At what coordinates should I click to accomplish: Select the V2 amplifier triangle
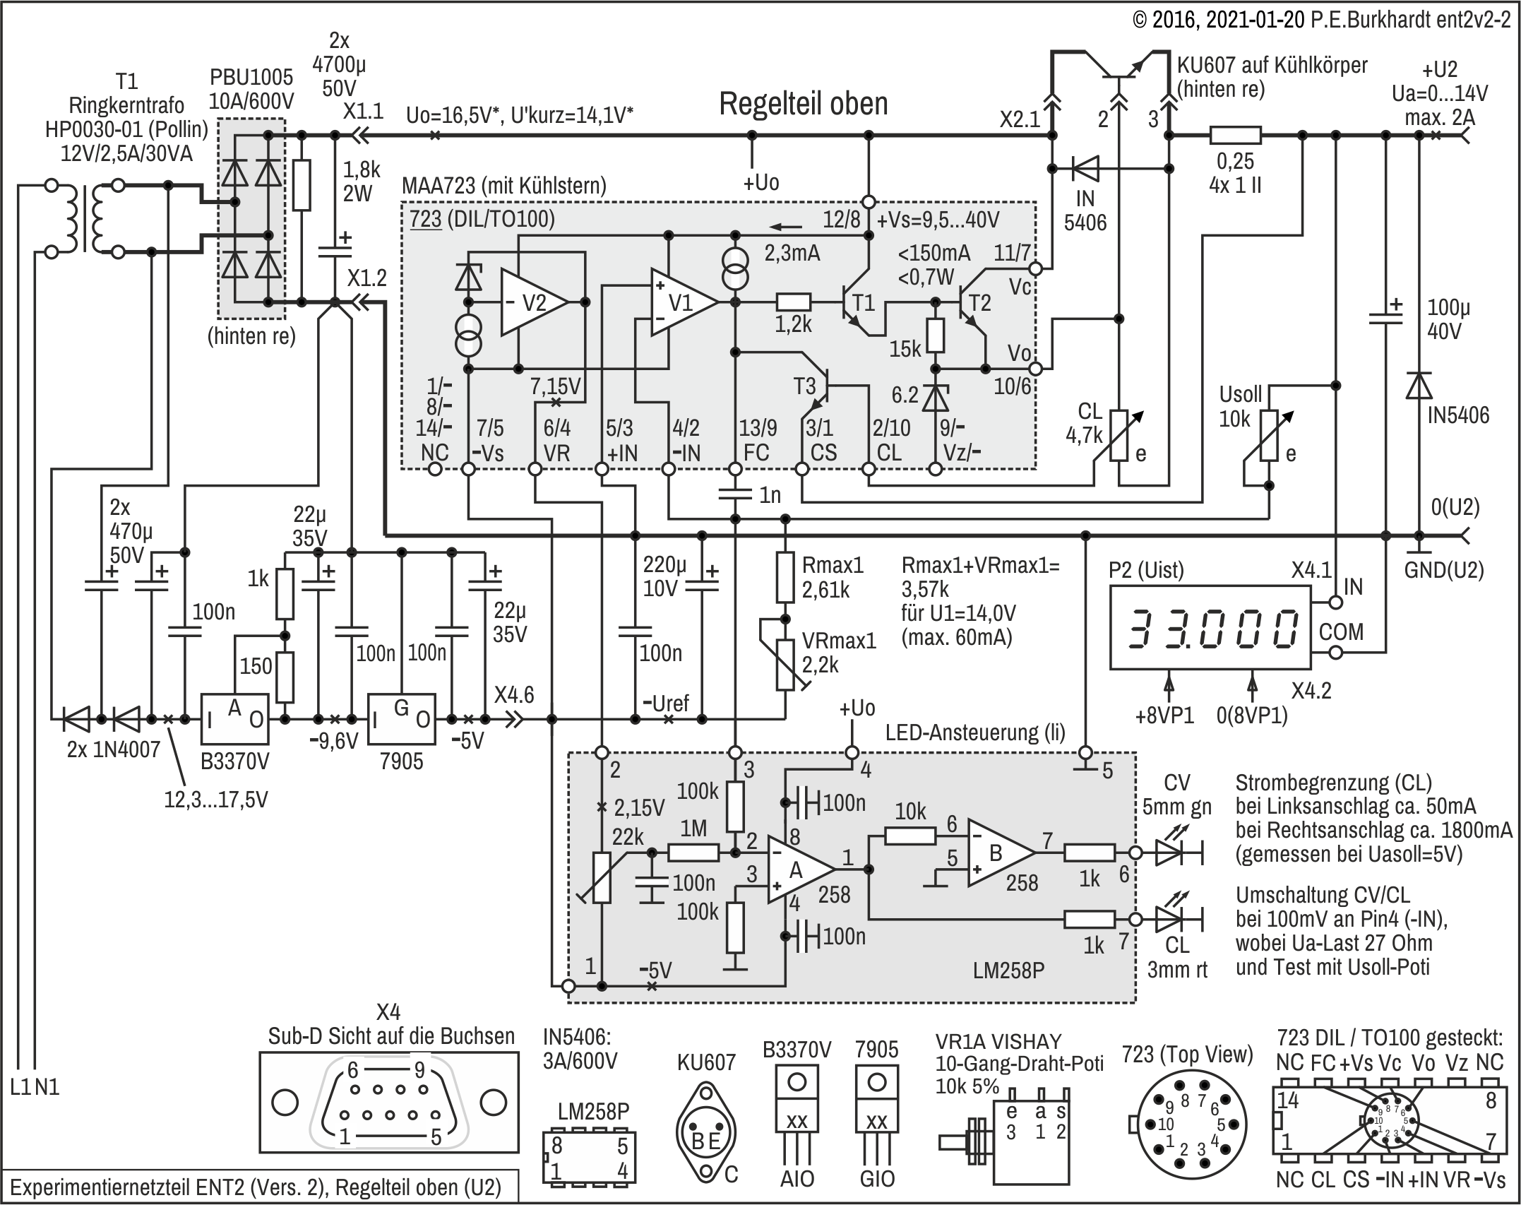pyautogui.click(x=532, y=302)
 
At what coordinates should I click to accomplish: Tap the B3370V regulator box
pyautogui.click(x=235, y=720)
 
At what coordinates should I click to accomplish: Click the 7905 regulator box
pyautogui.click(x=401, y=720)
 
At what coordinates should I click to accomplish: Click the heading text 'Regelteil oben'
pyautogui.click(x=803, y=105)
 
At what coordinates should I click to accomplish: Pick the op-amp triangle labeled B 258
pyautogui.click(x=998, y=853)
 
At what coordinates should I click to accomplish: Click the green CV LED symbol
pyautogui.click(x=1169, y=853)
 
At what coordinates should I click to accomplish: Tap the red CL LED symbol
pyautogui.click(x=1169, y=920)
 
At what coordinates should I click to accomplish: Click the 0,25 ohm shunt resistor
pyautogui.click(x=1235, y=135)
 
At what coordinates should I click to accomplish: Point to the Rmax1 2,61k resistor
pyautogui.click(x=785, y=578)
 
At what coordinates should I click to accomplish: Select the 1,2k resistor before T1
pyautogui.click(x=794, y=302)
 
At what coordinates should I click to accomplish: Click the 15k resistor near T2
pyautogui.click(x=936, y=336)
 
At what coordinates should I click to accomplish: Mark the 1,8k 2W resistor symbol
pyautogui.click(x=302, y=185)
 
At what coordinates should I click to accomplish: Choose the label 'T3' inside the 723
pyautogui.click(x=804, y=386)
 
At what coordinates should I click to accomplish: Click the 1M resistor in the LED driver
pyautogui.click(x=693, y=853)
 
